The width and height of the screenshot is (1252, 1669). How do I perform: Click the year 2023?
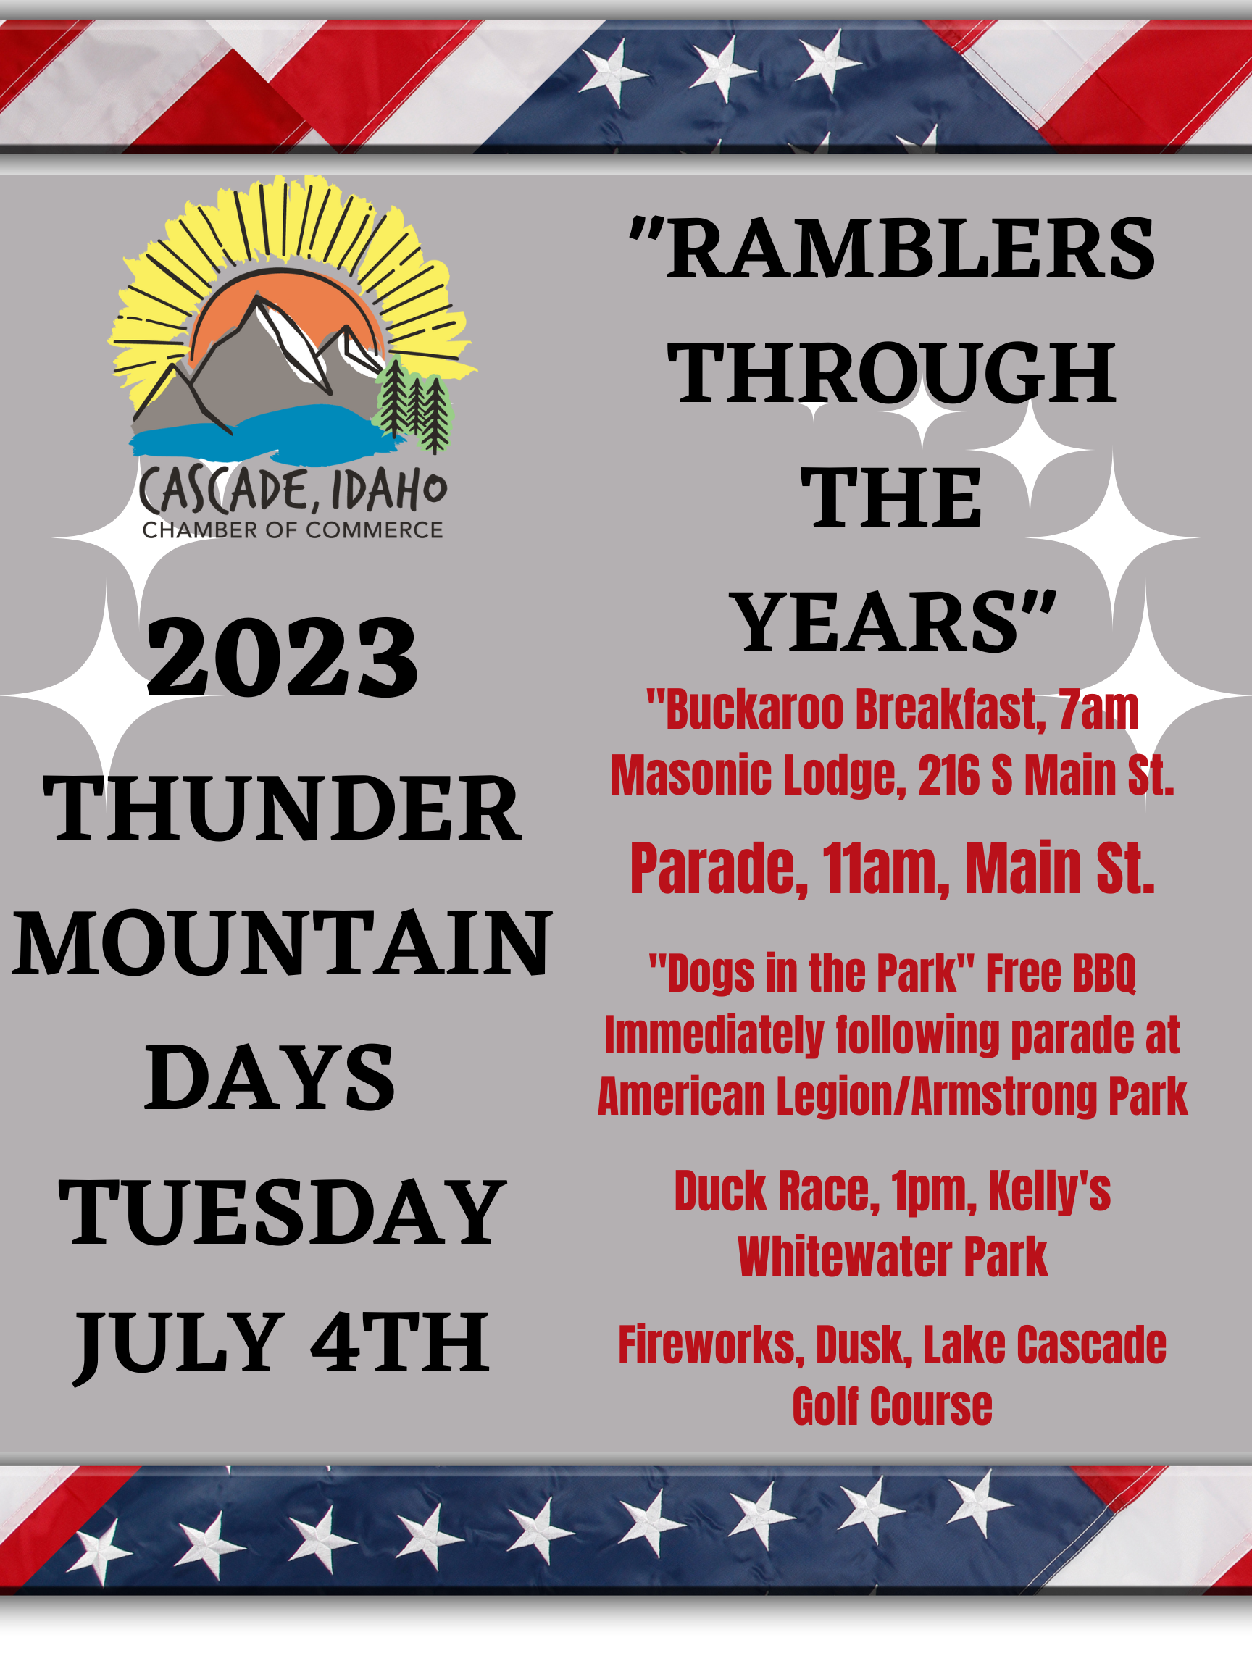(282, 657)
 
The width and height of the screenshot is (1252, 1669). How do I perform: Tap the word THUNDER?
(283, 809)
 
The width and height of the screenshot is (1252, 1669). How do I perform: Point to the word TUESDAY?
(283, 1213)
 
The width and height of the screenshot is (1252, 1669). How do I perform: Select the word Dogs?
(711, 974)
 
